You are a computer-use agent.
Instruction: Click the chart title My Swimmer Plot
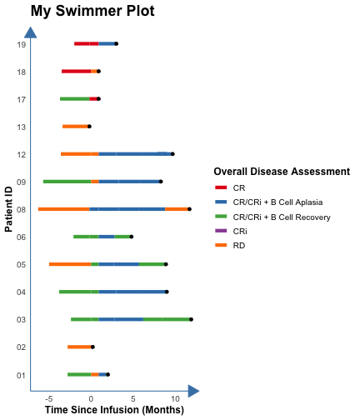tap(92, 11)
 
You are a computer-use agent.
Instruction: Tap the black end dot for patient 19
tap(117, 43)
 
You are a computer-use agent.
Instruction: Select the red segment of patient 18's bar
tap(77, 72)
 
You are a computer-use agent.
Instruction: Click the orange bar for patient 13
tap(75, 127)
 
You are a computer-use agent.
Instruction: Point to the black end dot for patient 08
tap(189, 209)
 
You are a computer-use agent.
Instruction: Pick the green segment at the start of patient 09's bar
tap(67, 182)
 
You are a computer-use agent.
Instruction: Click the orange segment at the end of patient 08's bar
tap(177, 209)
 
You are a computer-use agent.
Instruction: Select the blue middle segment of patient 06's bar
tap(107, 237)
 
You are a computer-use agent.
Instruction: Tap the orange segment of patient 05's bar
tap(70, 264)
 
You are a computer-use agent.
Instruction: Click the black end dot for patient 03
tap(191, 319)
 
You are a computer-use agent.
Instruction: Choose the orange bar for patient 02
tap(79, 347)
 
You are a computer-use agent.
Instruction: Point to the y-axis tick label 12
tap(22, 155)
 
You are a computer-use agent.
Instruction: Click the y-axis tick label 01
tap(22, 376)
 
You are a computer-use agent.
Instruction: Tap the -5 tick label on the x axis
tap(49, 399)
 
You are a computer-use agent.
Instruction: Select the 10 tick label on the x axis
tap(175, 399)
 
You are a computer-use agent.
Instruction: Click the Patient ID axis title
tap(8, 209)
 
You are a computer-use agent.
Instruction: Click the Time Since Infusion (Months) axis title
tap(114, 410)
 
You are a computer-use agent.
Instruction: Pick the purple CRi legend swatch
tap(221, 231)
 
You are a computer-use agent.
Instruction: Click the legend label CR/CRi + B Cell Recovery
tap(282, 217)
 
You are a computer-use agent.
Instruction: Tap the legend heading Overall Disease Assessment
tap(282, 172)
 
